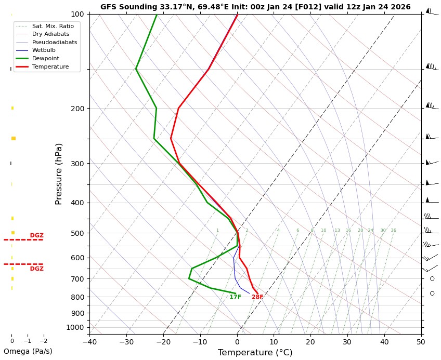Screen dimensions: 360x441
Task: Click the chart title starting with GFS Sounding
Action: pos(255,7)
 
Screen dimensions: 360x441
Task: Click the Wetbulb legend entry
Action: pos(44,50)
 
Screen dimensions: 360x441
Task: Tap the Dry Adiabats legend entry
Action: pos(50,34)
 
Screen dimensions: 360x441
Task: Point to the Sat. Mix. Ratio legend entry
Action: pos(53,26)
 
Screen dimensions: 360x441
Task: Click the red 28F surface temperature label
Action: pos(257,297)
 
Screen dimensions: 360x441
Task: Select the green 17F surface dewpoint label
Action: pos(235,297)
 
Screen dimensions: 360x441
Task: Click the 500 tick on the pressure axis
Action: pos(77,233)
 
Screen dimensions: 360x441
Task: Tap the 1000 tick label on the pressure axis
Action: pos(75,327)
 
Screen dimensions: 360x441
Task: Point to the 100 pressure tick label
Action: pos(77,14)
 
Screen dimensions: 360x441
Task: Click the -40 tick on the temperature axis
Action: pos(89,342)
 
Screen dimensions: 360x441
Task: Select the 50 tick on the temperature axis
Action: pos(421,342)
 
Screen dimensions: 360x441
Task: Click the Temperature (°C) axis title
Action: pos(255,353)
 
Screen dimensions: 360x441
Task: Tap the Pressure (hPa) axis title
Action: pos(59,174)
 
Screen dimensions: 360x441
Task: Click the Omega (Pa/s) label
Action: pos(28,351)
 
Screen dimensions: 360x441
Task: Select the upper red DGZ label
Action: pos(36,236)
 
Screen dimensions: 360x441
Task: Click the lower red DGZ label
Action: pos(36,269)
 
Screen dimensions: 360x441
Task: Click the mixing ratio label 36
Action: pos(393,231)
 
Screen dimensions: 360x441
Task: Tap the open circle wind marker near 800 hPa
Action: pos(432,294)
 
